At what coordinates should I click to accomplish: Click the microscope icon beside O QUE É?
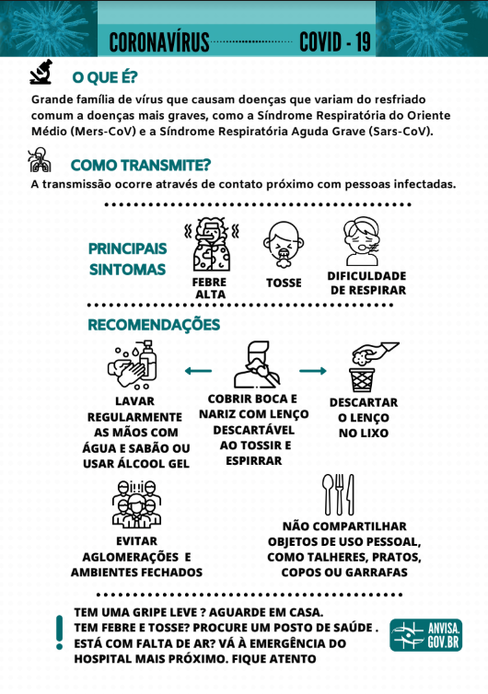click(41, 72)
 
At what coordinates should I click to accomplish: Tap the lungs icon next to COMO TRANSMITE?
click(40, 160)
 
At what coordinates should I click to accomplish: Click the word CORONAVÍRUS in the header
click(159, 42)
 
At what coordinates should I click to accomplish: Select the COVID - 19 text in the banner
click(335, 42)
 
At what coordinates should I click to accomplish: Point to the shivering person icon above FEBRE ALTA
click(212, 244)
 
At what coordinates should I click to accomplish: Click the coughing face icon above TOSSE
click(284, 245)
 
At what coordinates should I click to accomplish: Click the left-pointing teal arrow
click(198, 371)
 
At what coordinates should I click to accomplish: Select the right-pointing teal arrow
click(313, 371)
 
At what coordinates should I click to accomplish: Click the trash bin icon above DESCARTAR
click(362, 379)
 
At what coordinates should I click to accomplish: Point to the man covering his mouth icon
click(257, 364)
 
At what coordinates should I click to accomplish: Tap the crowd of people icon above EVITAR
click(136, 504)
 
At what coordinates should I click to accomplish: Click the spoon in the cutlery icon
click(327, 494)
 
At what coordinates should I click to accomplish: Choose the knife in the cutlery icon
click(351, 494)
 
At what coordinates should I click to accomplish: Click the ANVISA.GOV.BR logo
click(426, 635)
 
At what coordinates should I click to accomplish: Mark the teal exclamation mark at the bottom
click(59, 632)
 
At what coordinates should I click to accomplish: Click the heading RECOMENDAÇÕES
click(154, 325)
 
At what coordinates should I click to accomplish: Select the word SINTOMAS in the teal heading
click(128, 270)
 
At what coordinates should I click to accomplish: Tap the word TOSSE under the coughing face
click(284, 283)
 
